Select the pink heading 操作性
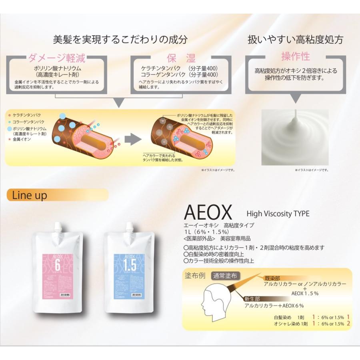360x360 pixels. pos(295,56)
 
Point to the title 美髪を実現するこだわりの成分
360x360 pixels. pos(120,40)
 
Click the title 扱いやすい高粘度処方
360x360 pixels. pos(295,40)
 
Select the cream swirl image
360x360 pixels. pos(295,138)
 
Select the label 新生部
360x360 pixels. pos(252,298)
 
